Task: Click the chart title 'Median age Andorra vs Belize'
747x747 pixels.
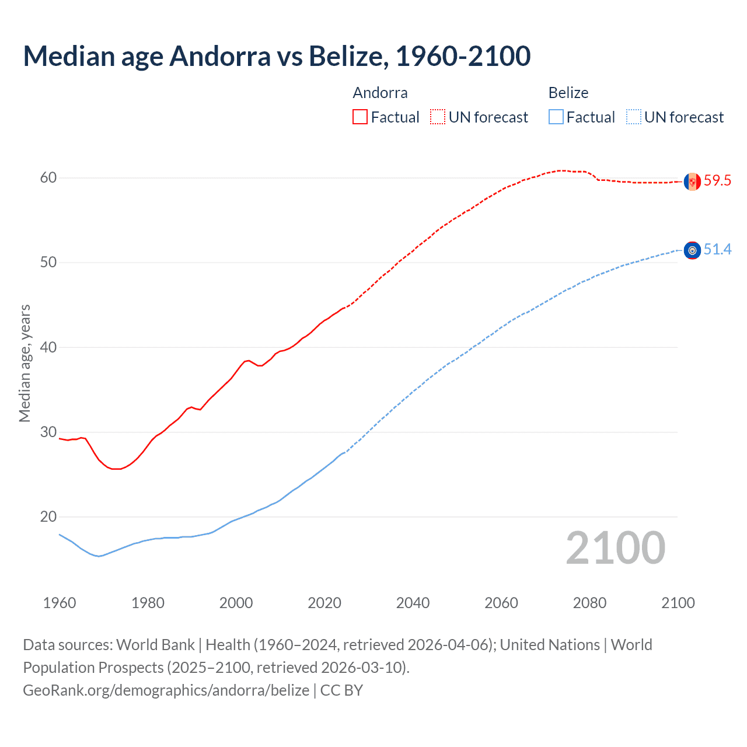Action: tap(277, 57)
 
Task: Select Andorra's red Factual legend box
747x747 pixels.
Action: tap(360, 117)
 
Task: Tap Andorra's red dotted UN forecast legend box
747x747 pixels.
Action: tap(438, 117)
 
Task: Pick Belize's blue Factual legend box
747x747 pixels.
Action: tap(556, 117)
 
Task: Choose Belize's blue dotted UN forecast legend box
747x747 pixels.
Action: tap(634, 117)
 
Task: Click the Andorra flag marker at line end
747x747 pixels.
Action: tap(692, 181)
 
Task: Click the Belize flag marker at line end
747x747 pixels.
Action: tap(692, 250)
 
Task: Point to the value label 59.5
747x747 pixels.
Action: tap(717, 181)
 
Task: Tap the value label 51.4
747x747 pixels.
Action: tap(717, 250)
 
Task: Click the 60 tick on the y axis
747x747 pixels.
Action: tap(48, 178)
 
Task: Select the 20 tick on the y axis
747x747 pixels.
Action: tap(48, 517)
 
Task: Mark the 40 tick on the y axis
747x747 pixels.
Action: tap(48, 347)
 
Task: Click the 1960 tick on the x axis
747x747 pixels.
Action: tap(60, 603)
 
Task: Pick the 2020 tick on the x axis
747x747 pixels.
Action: tap(324, 603)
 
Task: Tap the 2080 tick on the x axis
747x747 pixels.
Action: tap(589, 603)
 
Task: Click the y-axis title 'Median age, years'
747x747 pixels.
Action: tap(25, 363)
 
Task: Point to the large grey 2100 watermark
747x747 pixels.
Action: tap(616, 548)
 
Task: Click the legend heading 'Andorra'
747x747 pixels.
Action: tap(380, 93)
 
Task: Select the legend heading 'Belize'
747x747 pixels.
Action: tap(568, 93)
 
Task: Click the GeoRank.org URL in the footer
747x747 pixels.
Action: tap(166, 690)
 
